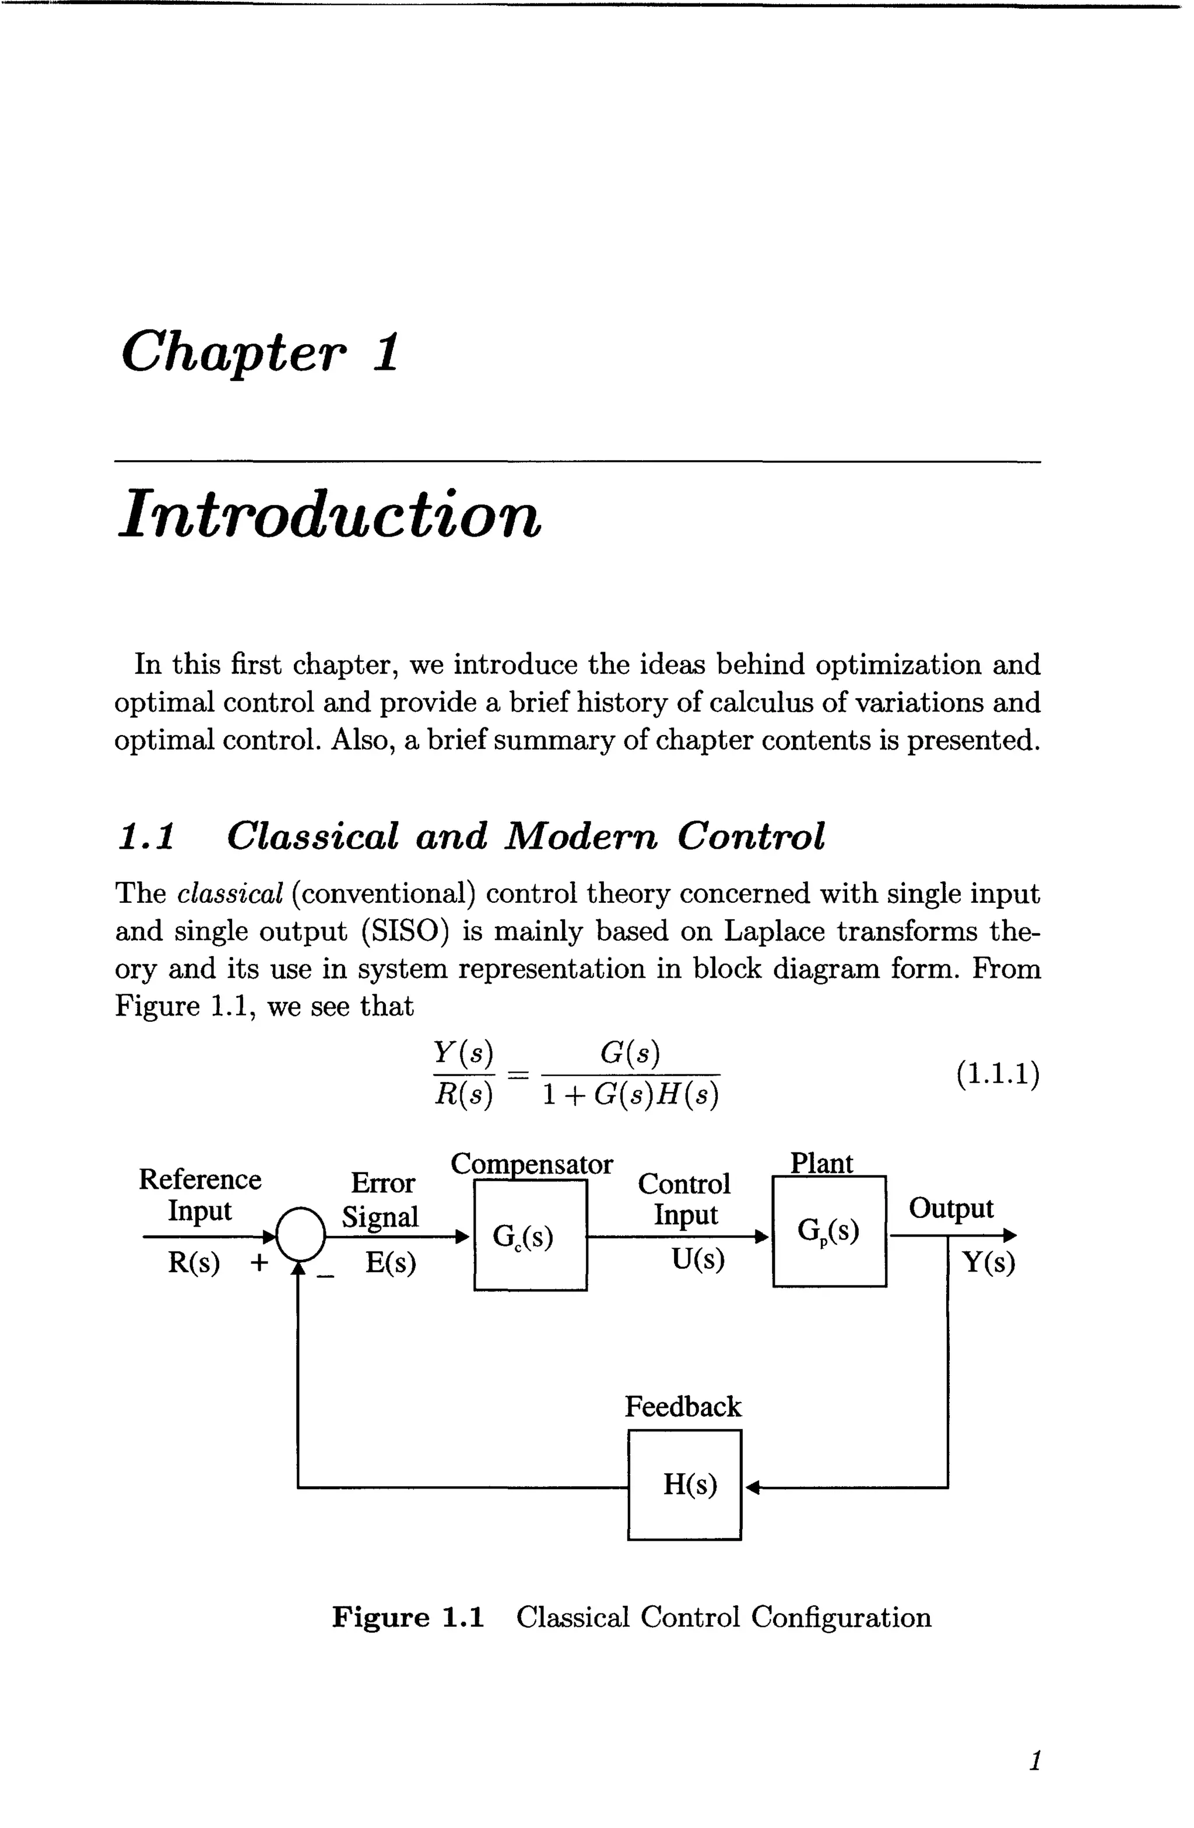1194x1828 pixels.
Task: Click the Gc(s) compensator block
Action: pyautogui.click(x=530, y=1235)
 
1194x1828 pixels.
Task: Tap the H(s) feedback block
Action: pyautogui.click(x=684, y=1484)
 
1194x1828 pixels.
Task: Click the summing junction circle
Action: pyautogui.click(x=300, y=1232)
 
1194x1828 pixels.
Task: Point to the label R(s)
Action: pyautogui.click(x=194, y=1263)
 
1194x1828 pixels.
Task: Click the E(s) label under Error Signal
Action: pyautogui.click(x=390, y=1263)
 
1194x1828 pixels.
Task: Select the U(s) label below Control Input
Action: pyautogui.click(x=697, y=1260)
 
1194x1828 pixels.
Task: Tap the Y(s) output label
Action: pyautogui.click(x=988, y=1263)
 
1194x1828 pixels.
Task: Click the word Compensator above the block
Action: pyautogui.click(x=531, y=1164)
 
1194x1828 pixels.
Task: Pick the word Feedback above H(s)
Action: pyautogui.click(x=683, y=1406)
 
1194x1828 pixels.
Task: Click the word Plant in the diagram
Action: pyautogui.click(x=821, y=1164)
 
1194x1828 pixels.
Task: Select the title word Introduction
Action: pyautogui.click(x=330, y=514)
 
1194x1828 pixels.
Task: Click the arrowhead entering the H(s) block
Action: pyautogui.click(x=751, y=1488)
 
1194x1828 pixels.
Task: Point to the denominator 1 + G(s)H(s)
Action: pyautogui.click(x=630, y=1094)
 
